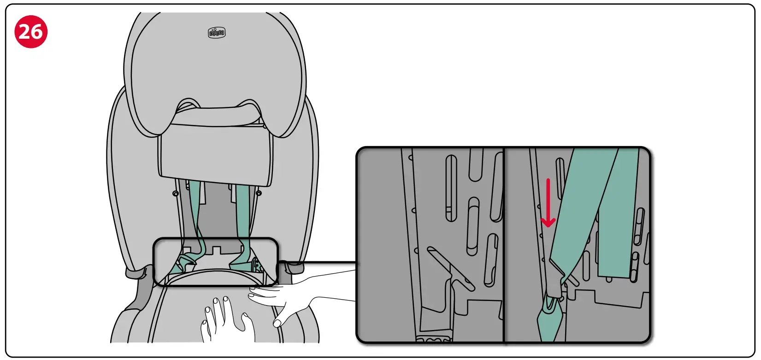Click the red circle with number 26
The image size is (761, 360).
point(31,31)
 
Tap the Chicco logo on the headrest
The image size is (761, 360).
point(217,33)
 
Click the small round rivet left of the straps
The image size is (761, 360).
point(176,194)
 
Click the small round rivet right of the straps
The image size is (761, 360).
point(259,193)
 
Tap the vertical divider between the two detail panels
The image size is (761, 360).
point(504,244)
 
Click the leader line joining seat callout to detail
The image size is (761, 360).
point(318,263)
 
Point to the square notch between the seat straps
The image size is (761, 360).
point(216,250)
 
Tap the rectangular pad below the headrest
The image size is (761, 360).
point(215,154)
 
